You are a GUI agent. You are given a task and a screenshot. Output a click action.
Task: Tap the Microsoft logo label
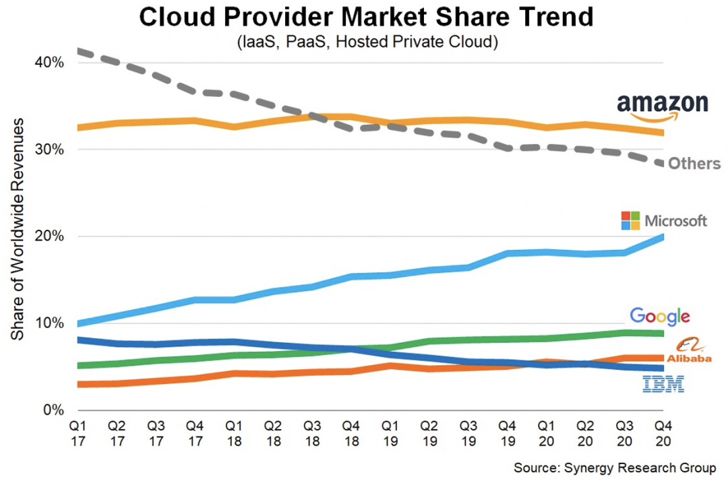pos(664,220)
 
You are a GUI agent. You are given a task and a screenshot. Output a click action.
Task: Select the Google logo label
pos(660,316)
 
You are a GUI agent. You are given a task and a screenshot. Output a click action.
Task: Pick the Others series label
pos(694,164)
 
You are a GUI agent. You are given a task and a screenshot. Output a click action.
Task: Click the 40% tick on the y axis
pos(50,63)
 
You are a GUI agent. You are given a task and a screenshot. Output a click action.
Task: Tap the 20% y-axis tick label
pos(50,236)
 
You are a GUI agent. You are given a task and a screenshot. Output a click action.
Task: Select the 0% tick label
pos(53,410)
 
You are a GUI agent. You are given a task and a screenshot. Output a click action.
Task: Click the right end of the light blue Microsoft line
pos(662,236)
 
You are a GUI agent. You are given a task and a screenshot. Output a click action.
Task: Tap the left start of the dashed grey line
pos(80,51)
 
